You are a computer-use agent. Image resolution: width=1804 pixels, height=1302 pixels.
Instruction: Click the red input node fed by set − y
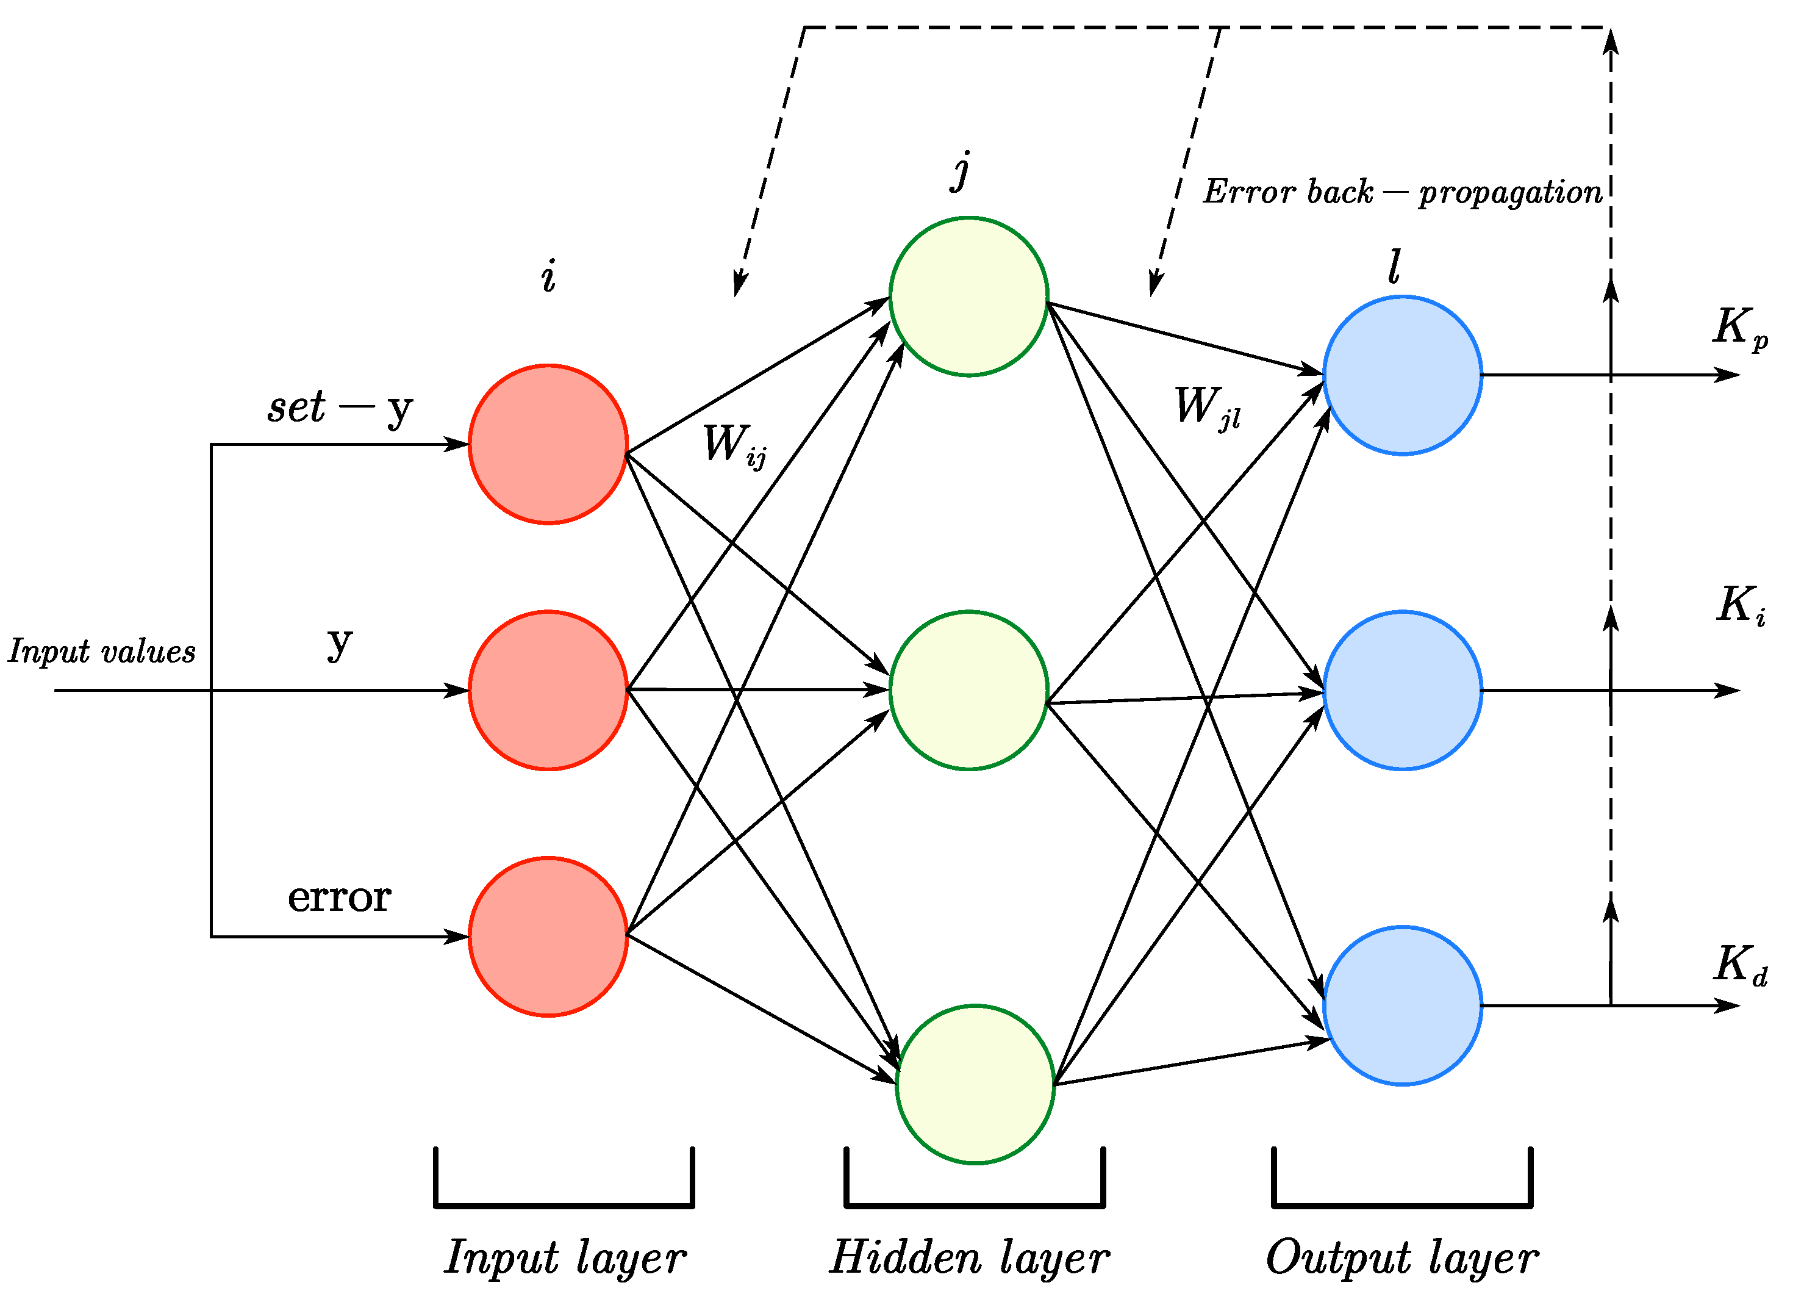tap(548, 444)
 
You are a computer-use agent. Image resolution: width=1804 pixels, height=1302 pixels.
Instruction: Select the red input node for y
tap(548, 690)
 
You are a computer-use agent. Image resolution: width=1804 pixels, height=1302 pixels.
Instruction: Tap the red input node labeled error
tap(548, 937)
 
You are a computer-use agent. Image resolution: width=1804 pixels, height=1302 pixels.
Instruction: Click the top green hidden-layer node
tap(969, 296)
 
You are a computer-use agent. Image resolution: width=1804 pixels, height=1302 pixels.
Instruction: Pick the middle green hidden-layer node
tap(969, 690)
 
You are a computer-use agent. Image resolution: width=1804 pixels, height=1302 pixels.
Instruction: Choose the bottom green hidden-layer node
tap(975, 1084)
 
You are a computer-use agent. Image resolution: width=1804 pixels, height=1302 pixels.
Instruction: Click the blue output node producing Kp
tap(1403, 375)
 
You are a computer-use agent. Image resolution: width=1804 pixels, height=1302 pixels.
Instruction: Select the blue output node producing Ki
tap(1403, 690)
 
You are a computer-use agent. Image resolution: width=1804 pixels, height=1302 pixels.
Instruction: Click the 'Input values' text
tap(102, 651)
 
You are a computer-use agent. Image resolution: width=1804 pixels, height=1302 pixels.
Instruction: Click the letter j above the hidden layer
tap(962, 171)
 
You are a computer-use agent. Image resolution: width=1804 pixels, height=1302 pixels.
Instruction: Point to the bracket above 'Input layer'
tap(564, 1206)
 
